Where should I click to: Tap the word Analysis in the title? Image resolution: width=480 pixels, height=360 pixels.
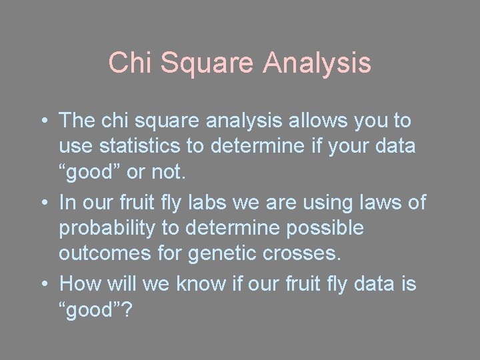(317, 63)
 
